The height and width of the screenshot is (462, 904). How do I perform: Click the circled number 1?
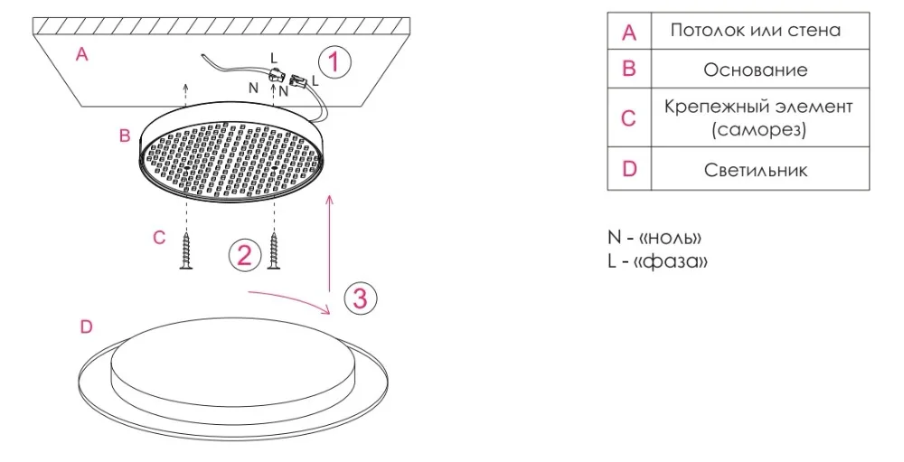coord(334,62)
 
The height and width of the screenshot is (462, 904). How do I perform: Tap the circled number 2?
coord(244,254)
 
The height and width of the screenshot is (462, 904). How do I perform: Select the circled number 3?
coord(361,298)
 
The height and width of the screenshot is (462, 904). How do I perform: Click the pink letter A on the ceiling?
coord(82,54)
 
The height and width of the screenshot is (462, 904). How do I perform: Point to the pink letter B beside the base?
coord(125,136)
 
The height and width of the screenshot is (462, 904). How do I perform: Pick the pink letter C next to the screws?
coord(159,238)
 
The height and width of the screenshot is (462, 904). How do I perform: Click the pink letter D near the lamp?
coord(86,327)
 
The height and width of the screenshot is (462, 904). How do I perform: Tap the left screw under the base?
coord(186,250)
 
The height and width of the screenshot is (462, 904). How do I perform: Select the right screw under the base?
coord(274,250)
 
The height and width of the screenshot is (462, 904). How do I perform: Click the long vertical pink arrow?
coord(329,244)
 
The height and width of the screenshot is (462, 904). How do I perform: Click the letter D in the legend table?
coord(629,169)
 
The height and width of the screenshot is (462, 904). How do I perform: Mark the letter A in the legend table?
coord(629,32)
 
